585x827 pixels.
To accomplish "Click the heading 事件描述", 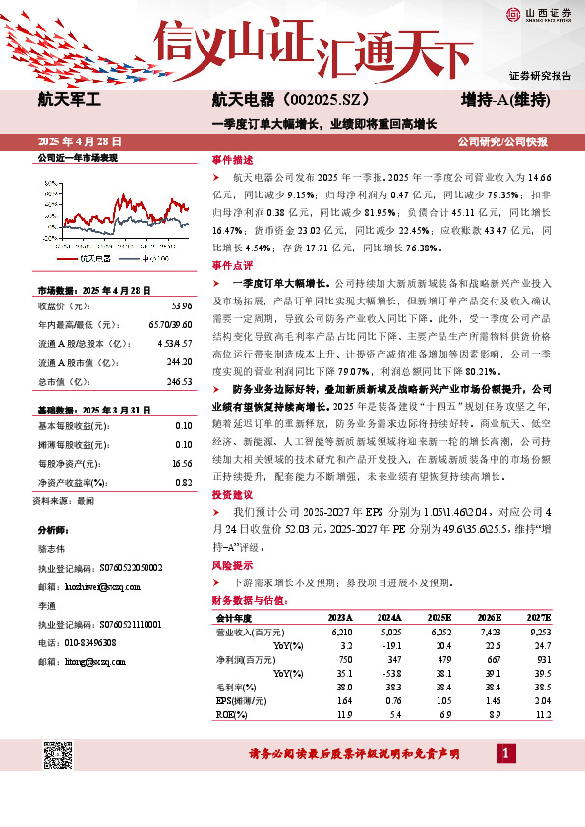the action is [232, 158].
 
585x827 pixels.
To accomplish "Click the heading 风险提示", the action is [232, 567].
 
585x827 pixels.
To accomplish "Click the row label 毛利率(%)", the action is [234, 688].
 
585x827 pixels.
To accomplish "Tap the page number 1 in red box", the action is [505, 754].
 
